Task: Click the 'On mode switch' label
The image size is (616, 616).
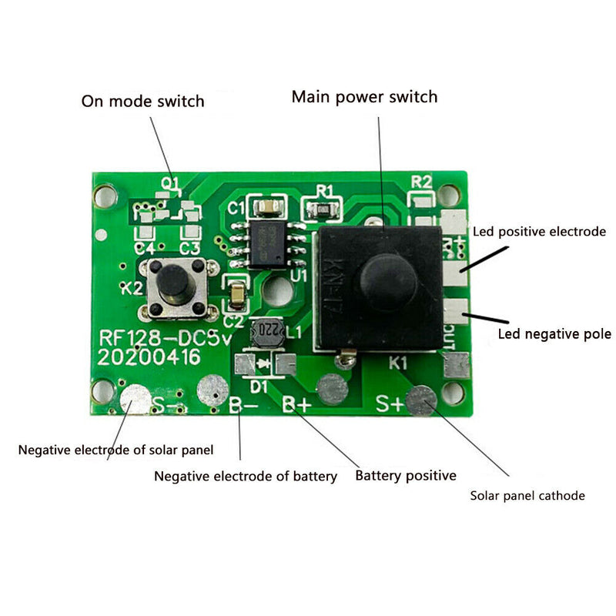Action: tap(143, 101)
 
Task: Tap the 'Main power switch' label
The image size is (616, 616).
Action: tap(364, 97)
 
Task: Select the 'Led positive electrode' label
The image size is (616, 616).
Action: tap(539, 231)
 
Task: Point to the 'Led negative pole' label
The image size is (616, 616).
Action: tap(554, 334)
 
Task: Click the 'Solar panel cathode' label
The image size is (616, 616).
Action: tap(527, 495)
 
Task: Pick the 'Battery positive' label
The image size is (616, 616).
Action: tap(406, 475)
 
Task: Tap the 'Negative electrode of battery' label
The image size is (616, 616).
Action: tap(246, 476)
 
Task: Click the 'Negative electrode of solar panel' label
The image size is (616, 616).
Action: tap(116, 449)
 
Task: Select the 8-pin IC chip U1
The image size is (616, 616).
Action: tap(265, 241)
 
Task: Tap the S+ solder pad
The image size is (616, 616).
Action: tap(421, 399)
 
